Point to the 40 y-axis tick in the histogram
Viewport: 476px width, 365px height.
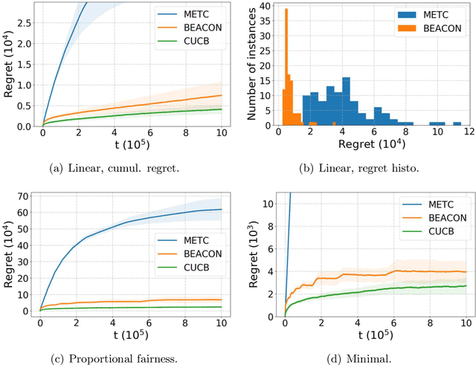point(266,5)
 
